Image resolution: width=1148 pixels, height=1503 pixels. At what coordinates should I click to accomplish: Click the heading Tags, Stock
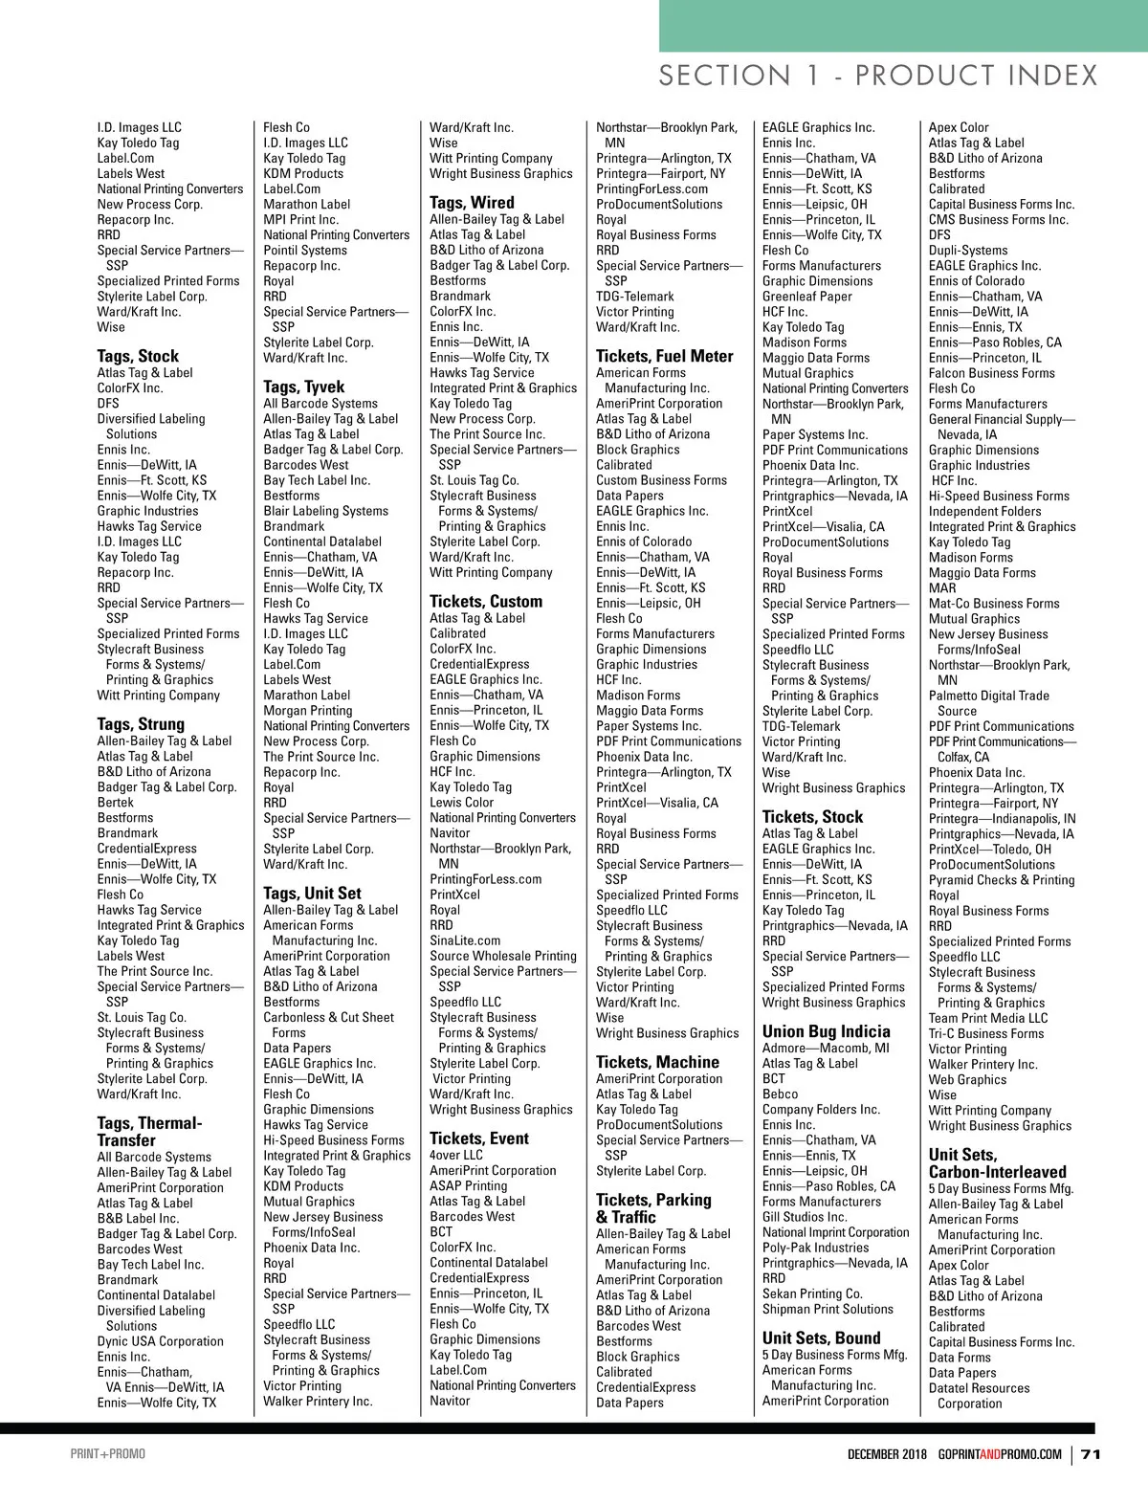click(138, 356)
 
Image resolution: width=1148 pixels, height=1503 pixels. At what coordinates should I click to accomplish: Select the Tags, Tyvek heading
click(303, 387)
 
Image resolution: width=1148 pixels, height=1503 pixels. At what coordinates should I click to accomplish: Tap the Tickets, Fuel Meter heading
click(664, 356)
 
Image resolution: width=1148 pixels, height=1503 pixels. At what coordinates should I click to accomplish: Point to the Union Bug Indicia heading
click(826, 1031)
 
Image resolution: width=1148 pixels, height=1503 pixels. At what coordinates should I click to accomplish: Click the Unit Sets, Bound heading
click(821, 1337)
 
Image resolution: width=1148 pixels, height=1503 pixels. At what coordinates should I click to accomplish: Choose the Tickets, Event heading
click(478, 1138)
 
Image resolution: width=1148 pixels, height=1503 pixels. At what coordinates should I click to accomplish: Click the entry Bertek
click(115, 802)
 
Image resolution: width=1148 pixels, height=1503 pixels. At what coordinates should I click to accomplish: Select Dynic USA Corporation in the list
click(160, 1341)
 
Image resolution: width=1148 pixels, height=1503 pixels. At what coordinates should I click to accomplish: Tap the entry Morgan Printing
click(307, 711)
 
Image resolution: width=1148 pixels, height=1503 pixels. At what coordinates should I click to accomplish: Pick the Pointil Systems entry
click(305, 250)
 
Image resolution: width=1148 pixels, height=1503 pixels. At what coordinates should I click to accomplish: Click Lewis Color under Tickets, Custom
click(461, 803)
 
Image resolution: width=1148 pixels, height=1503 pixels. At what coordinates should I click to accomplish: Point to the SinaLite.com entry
click(465, 940)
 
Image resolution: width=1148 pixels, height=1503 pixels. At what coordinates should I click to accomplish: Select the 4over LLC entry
click(456, 1155)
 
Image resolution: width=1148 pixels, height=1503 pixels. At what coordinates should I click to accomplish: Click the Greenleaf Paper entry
click(807, 297)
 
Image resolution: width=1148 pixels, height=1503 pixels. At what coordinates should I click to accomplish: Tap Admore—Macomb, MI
click(826, 1048)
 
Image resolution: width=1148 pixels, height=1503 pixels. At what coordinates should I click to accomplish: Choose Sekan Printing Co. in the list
click(812, 1293)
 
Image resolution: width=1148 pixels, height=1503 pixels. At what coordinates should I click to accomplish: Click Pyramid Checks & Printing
click(1001, 880)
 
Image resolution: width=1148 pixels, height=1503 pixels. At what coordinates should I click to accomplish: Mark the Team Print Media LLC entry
click(987, 1018)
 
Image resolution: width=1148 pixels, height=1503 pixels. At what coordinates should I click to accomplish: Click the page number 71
click(1091, 1454)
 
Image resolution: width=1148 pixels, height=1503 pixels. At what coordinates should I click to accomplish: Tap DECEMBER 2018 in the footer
click(887, 1454)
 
